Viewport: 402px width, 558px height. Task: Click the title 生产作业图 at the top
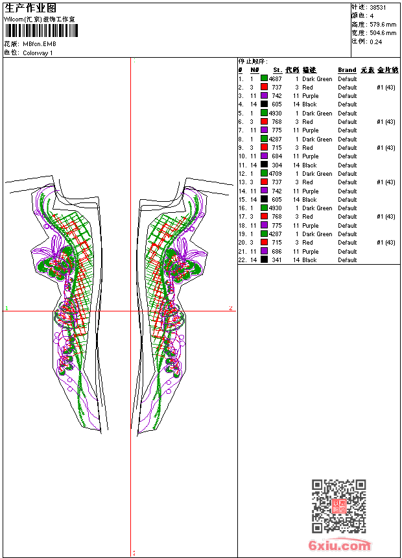tap(30, 8)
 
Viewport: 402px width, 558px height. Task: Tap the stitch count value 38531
tap(377, 7)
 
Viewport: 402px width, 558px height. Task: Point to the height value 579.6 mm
tap(383, 24)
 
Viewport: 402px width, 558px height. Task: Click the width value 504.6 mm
tap(383, 32)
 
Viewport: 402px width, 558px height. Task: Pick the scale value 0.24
tap(375, 41)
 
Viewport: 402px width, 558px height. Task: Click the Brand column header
tap(347, 70)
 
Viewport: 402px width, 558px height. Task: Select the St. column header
tap(277, 70)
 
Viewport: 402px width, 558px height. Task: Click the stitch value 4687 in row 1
tap(275, 79)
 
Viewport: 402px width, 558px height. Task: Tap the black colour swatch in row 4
tap(265, 104)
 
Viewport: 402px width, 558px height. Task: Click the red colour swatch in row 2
tap(265, 88)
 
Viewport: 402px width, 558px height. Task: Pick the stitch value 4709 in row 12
tap(275, 174)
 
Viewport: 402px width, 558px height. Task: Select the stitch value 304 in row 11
tap(276, 165)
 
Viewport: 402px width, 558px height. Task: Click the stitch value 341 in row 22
tap(276, 260)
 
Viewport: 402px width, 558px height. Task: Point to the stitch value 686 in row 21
tap(276, 252)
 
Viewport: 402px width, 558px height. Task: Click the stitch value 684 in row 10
tap(276, 156)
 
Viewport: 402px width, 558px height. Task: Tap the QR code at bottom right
tap(338, 505)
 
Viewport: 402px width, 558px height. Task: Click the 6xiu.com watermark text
tap(340, 546)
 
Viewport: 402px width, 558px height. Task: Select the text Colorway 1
tap(38, 53)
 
